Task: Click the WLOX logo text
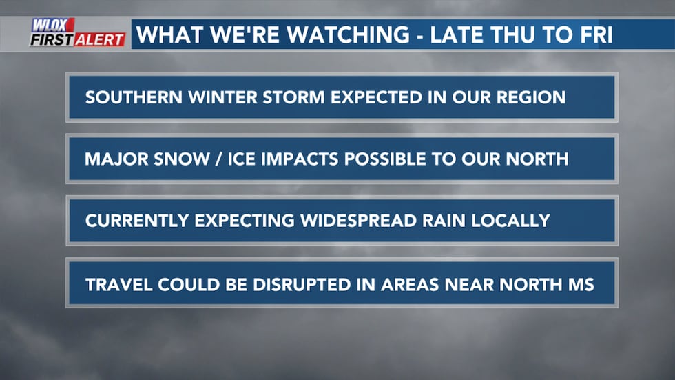(x=54, y=26)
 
